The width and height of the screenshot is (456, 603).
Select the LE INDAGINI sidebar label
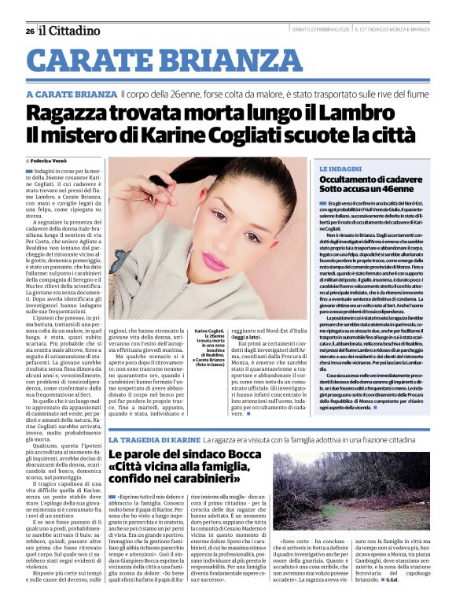coord(340,169)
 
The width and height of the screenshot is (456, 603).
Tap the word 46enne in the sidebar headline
coord(394,190)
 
